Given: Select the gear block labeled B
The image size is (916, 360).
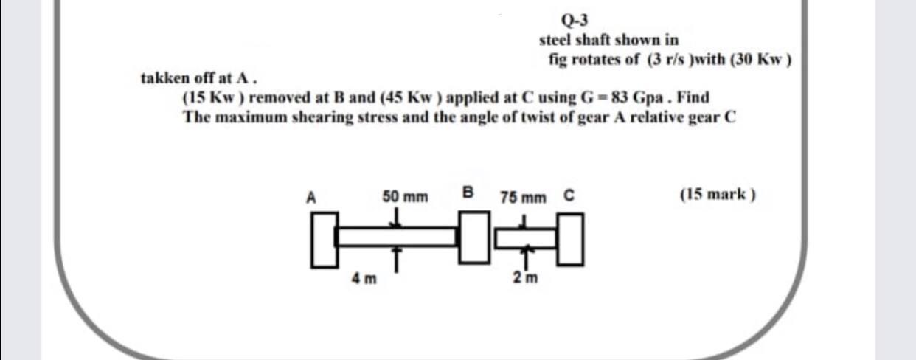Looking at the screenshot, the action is click(476, 238).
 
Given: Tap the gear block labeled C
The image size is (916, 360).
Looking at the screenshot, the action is click(571, 238).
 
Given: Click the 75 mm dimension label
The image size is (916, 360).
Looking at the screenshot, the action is click(523, 198).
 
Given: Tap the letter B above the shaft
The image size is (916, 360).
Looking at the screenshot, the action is click(467, 194).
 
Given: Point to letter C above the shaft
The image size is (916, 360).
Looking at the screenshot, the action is click(569, 196).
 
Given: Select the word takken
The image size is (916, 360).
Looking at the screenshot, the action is click(164, 77).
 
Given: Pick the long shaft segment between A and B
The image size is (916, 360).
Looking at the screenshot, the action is click(398, 238).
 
